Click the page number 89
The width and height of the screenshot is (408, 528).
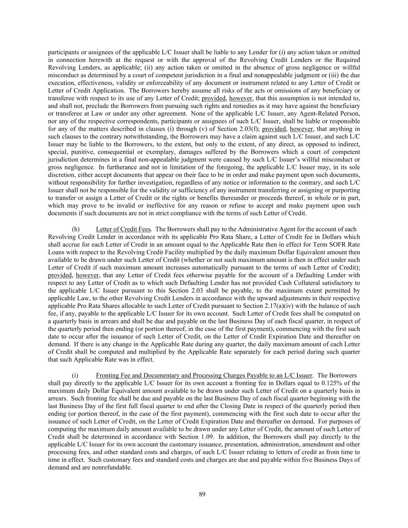202,494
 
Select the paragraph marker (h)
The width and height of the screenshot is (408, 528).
76,229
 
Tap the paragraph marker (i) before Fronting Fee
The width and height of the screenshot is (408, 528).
75,375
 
